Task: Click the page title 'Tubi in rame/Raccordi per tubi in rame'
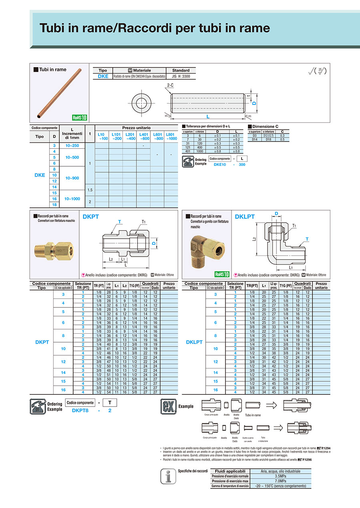pyautogui.click(x=154, y=28)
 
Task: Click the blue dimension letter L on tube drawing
pyautogui.click(x=208, y=116)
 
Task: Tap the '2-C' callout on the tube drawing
pyautogui.click(x=170, y=85)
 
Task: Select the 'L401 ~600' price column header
pyautogui.click(x=143, y=136)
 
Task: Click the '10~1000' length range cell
pyautogui.click(x=72, y=199)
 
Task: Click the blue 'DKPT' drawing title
pyautogui.click(x=90, y=217)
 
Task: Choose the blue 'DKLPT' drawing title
pyautogui.click(x=245, y=217)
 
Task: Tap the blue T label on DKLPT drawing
pyautogui.click(x=307, y=239)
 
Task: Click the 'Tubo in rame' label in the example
pyautogui.click(x=253, y=415)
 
